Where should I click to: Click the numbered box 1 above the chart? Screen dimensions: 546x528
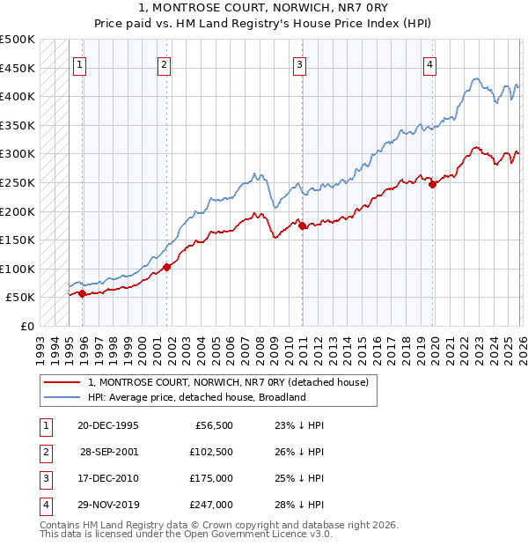[x=80, y=63]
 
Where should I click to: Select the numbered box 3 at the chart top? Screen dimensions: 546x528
[x=299, y=63]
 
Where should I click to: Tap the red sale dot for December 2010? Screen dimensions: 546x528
[x=302, y=226]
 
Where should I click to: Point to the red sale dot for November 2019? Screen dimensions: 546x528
[x=432, y=184]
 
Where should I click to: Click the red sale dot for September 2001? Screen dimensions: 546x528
[x=166, y=268]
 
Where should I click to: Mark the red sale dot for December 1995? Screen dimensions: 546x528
[x=82, y=294]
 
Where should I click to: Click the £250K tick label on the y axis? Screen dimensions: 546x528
[x=18, y=182]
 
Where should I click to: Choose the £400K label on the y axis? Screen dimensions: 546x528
[x=18, y=96]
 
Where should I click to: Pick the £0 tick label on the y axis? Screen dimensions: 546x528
[x=26, y=327]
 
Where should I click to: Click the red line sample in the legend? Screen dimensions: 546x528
[x=62, y=382]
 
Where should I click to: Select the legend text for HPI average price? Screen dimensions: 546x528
[x=195, y=397]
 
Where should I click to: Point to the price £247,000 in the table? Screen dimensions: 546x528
[x=211, y=505]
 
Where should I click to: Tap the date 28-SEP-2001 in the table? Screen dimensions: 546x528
[x=108, y=451]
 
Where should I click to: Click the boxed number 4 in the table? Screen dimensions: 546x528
[x=45, y=505]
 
